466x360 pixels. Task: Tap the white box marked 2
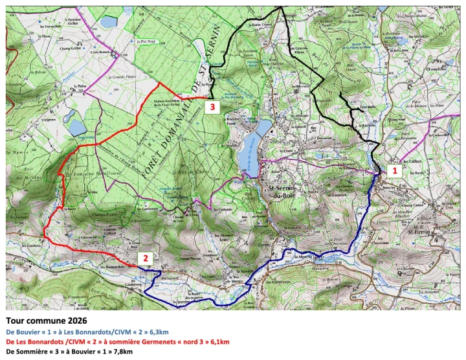(x=146, y=258)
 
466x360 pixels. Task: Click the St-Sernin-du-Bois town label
(x=283, y=191)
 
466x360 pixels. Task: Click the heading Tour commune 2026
(x=46, y=320)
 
